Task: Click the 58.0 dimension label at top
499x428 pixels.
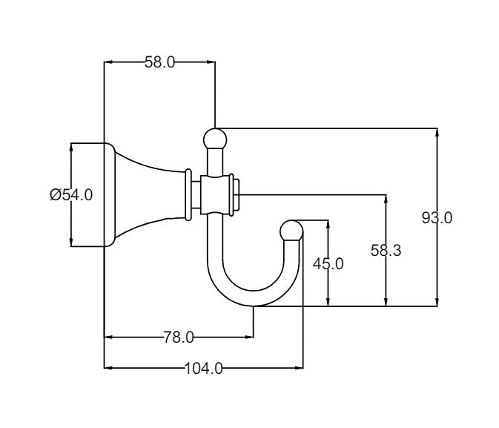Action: point(159,62)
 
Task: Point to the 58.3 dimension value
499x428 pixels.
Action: point(386,251)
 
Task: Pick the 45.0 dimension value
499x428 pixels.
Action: point(328,263)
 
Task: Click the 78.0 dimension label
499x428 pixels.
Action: point(178,338)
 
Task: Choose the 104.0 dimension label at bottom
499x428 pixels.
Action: point(203,367)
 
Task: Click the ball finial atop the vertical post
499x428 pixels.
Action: point(215,138)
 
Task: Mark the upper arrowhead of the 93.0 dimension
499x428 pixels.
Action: point(437,134)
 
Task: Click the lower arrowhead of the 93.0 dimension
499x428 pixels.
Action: point(437,300)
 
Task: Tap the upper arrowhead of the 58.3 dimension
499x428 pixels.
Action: point(386,200)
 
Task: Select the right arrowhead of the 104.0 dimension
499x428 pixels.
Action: point(299,367)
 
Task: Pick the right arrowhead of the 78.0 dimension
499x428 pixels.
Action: point(250,338)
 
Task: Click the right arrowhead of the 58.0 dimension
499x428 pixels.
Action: point(211,62)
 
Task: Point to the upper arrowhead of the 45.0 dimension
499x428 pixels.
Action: point(328,225)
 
